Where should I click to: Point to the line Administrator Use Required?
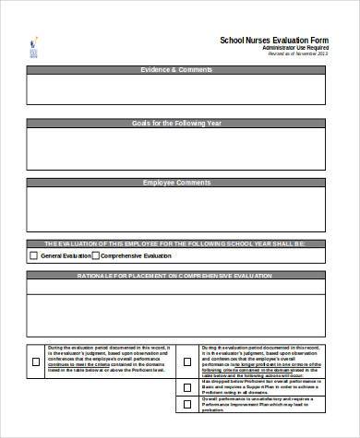pos(289,48)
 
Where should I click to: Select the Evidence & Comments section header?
pos(176,70)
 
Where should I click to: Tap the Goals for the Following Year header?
pos(176,124)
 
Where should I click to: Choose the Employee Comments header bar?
pos(176,183)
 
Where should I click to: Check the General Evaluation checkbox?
pos(34,255)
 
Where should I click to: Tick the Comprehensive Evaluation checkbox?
pos(93,255)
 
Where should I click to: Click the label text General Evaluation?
pos(64,255)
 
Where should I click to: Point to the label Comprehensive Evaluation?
pos(136,255)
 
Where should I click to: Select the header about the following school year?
pos(176,243)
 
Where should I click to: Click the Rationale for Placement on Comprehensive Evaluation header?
pos(176,275)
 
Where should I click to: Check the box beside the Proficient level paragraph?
pos(35,361)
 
